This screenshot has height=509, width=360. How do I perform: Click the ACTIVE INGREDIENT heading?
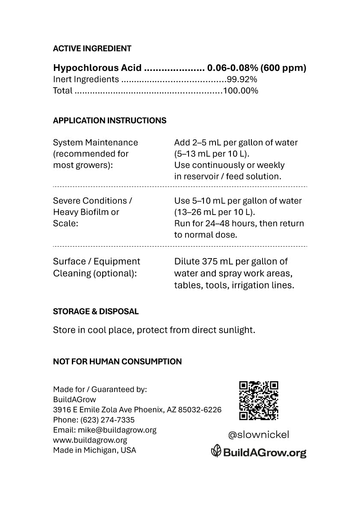tap(92, 49)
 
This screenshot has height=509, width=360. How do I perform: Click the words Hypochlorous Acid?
tap(97, 68)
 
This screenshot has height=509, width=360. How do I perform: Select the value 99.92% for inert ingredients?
tap(242, 79)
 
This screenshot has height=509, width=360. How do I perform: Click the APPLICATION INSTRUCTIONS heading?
tap(109, 121)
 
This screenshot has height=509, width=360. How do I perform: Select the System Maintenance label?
tap(95, 142)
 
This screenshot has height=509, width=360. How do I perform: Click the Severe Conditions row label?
tap(92, 201)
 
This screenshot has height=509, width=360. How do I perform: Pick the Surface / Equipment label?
tap(96, 261)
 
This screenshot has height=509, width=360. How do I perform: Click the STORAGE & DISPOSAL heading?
tap(96, 312)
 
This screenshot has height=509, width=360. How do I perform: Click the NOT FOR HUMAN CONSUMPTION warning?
tap(117, 362)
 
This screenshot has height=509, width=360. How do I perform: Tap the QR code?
tap(258, 400)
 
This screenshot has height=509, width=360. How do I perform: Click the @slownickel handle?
tap(258, 435)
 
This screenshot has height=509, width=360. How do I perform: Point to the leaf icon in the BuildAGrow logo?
tap(216, 451)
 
